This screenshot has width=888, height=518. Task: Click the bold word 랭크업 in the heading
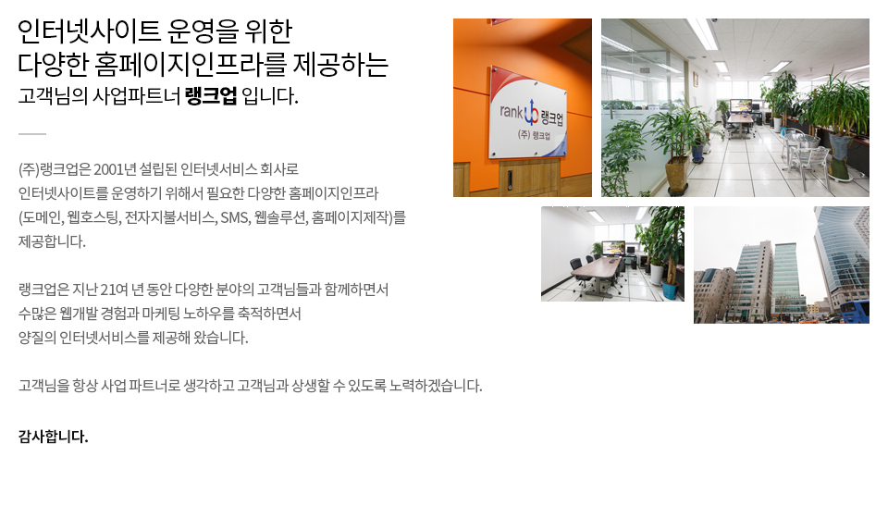pos(211,95)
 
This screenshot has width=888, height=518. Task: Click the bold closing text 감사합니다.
pos(54,437)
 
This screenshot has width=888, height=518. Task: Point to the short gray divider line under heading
pos(32,134)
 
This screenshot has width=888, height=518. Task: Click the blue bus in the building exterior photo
pos(854,312)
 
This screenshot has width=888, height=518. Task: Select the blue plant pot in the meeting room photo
pos(670,290)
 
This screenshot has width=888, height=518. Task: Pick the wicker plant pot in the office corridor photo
pos(677,176)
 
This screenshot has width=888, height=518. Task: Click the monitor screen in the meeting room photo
pos(613,247)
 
